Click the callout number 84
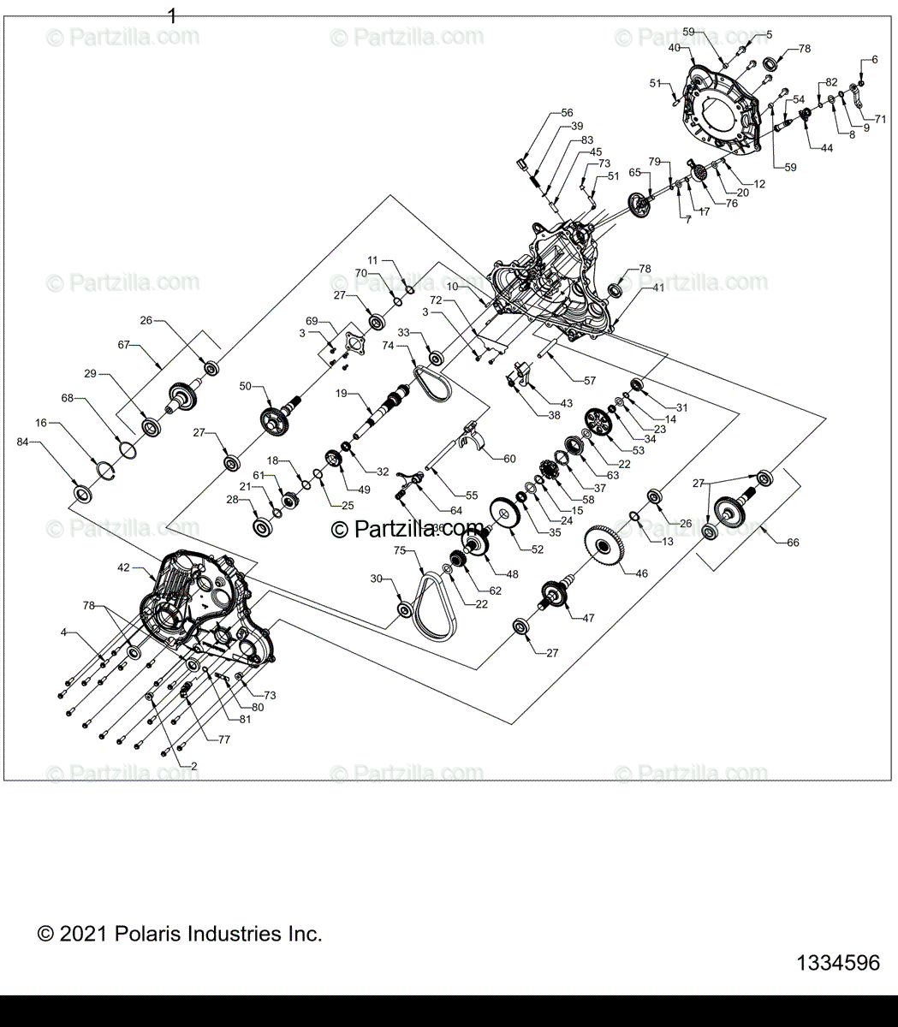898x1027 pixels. (x=22, y=442)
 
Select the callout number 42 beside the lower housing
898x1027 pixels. (x=124, y=567)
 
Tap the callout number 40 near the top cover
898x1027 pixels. (x=675, y=48)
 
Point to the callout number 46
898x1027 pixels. (x=640, y=575)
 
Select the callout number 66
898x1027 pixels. (x=793, y=543)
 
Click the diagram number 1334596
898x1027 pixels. (x=837, y=963)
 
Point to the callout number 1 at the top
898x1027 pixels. (x=172, y=15)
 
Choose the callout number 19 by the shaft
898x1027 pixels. (x=341, y=393)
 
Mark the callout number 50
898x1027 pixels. (x=245, y=387)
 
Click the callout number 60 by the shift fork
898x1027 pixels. (x=509, y=459)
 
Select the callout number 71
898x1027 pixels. (x=880, y=119)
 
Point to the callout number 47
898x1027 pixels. (x=588, y=617)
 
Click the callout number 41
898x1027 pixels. (x=657, y=288)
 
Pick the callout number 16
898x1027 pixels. (x=41, y=423)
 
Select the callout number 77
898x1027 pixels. (x=223, y=738)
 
